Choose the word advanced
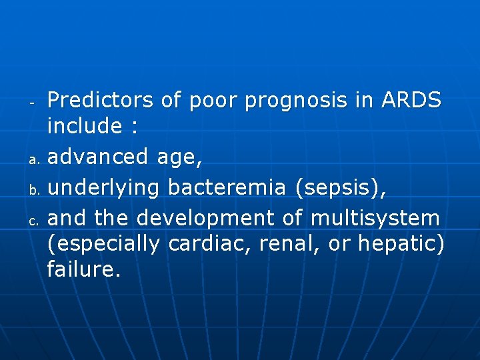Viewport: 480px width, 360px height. point(99,157)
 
